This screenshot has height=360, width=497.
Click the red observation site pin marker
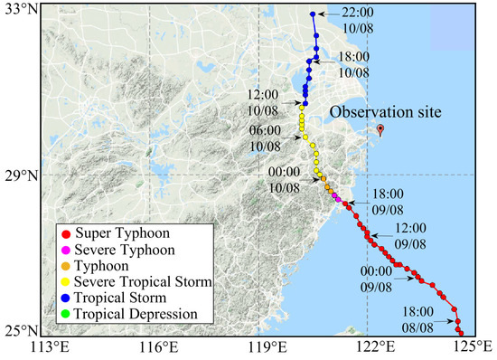click(380, 129)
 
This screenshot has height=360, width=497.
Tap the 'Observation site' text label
click(385, 111)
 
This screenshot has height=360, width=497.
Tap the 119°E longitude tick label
click(267, 349)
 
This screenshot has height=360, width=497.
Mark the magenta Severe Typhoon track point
click(336, 196)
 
